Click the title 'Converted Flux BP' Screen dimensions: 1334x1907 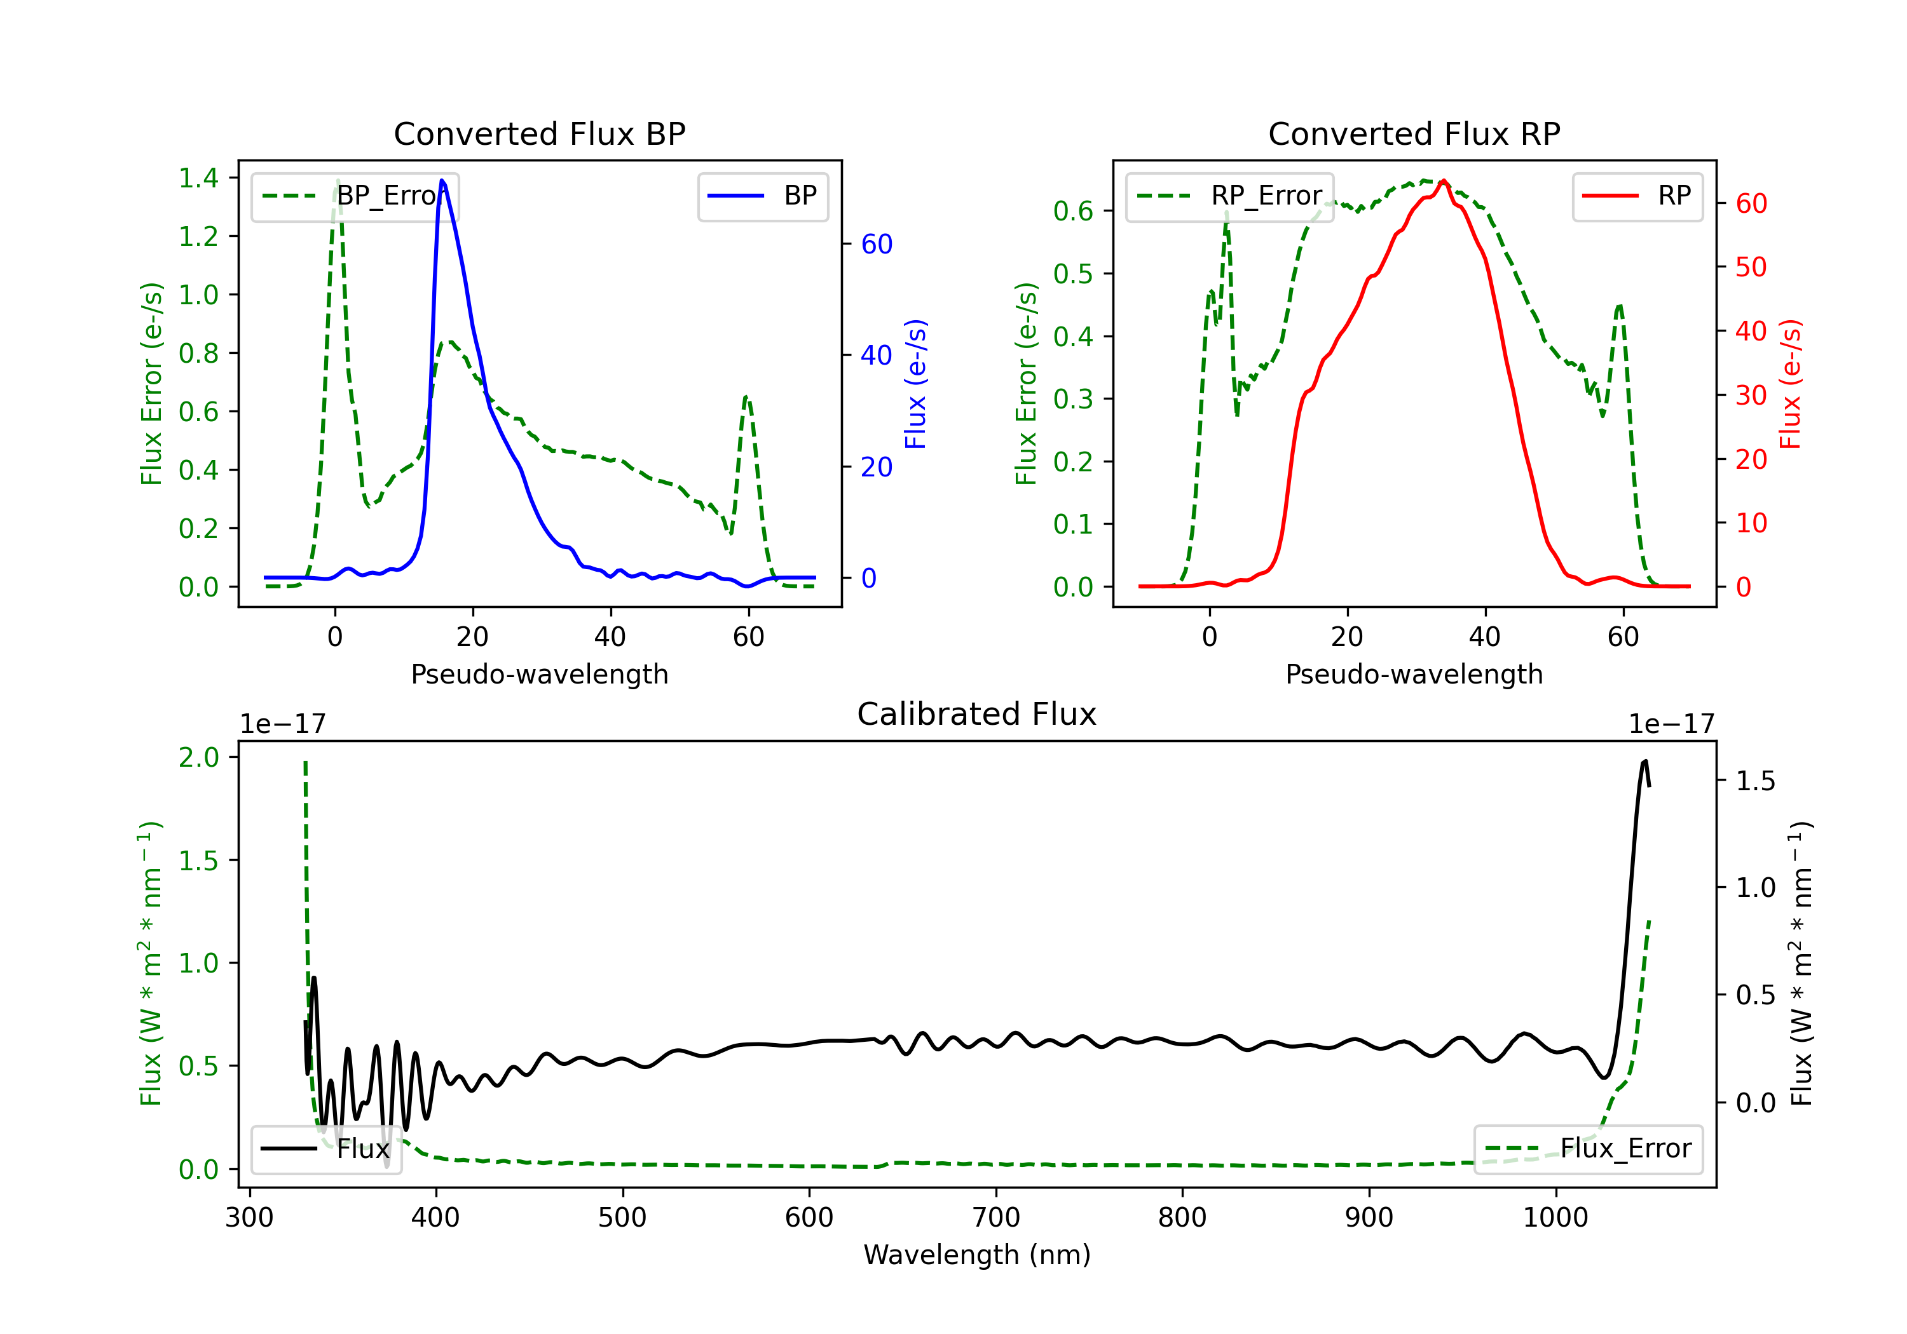[539, 133]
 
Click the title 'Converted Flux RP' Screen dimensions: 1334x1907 [1414, 133]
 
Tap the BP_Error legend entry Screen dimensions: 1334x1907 [355, 196]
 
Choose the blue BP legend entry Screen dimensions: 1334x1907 [762, 196]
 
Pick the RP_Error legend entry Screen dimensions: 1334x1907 [1229, 196]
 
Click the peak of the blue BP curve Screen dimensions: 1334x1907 [442, 180]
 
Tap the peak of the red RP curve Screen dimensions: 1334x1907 [1444, 180]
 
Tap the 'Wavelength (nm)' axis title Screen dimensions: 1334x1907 [977, 1255]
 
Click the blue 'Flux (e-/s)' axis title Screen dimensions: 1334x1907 [915, 384]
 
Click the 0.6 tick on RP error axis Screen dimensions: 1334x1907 [1073, 211]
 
